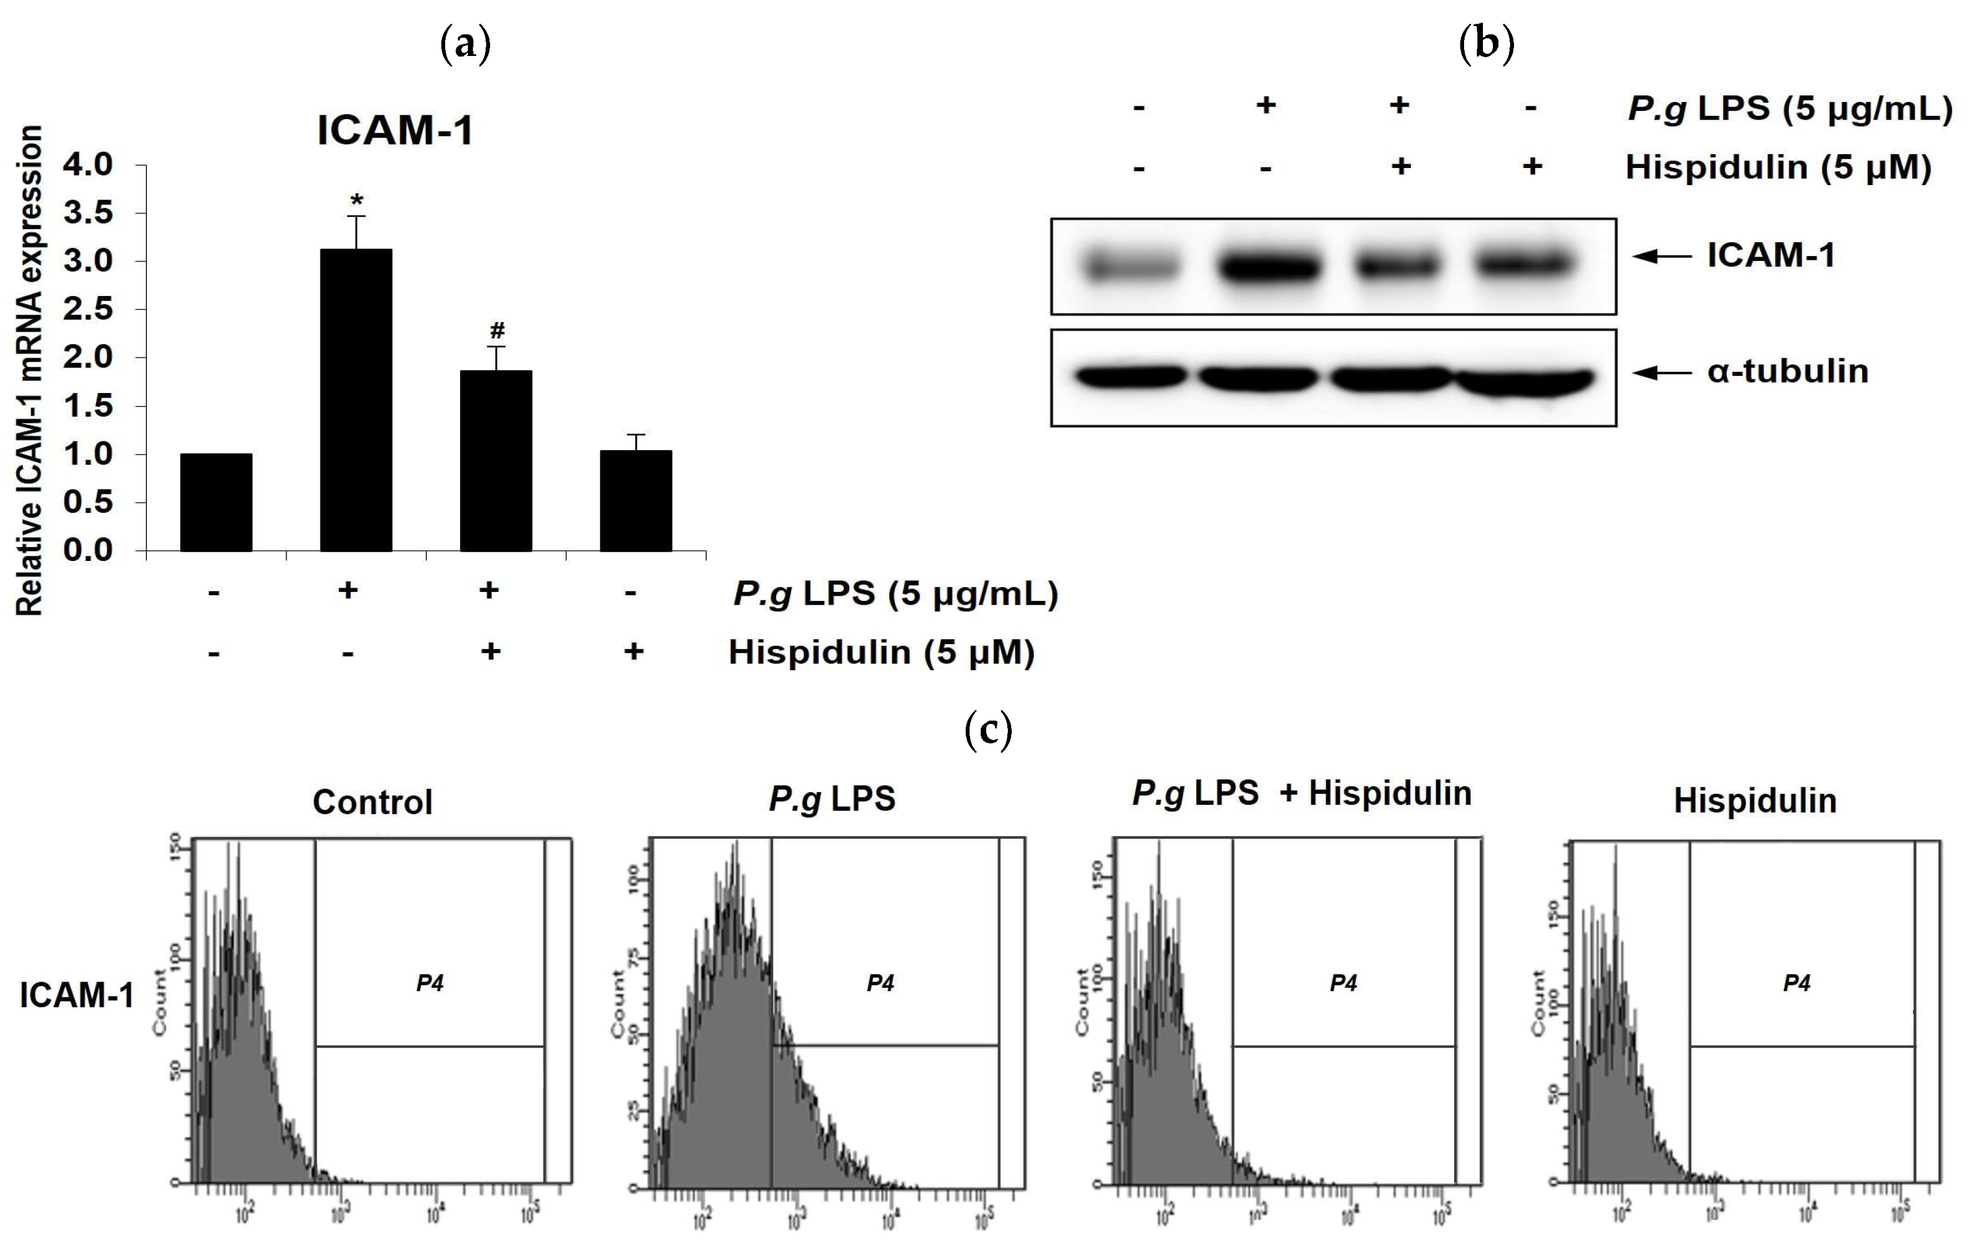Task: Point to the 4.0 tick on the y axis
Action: (88, 165)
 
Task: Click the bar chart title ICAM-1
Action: (395, 131)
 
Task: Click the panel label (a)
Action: (465, 44)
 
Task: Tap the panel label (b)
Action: (1486, 44)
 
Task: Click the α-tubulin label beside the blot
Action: (1787, 372)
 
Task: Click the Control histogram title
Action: (373, 802)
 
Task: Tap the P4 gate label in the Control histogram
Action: (430, 983)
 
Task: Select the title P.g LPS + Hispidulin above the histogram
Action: (1301, 793)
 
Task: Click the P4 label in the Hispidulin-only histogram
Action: (1796, 983)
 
